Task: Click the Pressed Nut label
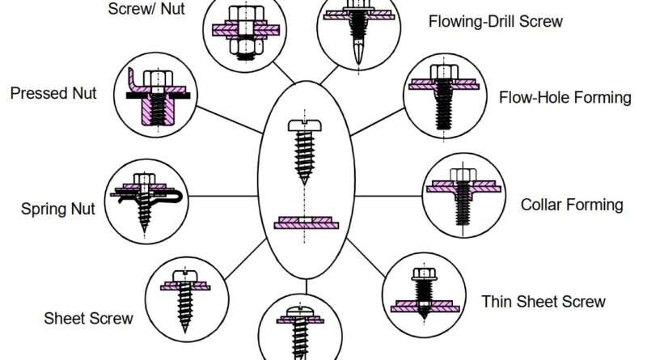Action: click(x=53, y=93)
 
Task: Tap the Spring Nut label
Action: click(x=58, y=210)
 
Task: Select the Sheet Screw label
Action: click(x=89, y=318)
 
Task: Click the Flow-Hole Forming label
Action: click(x=565, y=98)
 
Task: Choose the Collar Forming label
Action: click(x=572, y=205)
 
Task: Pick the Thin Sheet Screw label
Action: click(x=543, y=302)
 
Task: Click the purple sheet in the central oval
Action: click(x=305, y=222)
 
